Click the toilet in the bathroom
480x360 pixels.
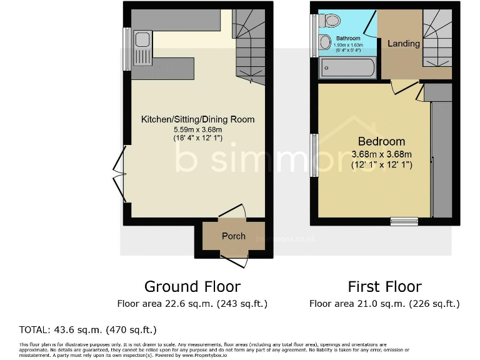click(x=331, y=21)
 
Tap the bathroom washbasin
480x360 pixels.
click(x=324, y=42)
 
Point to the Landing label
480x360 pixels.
click(x=403, y=44)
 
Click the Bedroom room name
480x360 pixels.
click(x=381, y=141)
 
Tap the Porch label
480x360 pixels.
click(x=234, y=236)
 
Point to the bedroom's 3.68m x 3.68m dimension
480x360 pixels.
click(x=381, y=154)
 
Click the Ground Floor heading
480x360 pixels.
click(x=192, y=287)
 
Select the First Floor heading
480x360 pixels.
click(x=384, y=287)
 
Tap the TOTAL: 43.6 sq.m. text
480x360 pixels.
click(x=87, y=329)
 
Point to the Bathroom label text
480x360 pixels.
click(x=346, y=38)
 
